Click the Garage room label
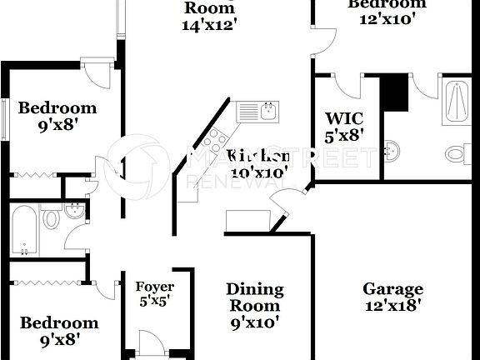coord(392,289)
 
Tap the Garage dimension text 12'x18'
coord(392,306)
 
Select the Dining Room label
coord(255,297)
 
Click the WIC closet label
coord(343,117)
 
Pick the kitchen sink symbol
coord(257,110)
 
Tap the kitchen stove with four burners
coord(215,138)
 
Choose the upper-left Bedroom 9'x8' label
coord(57,107)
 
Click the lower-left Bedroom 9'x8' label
coord(59,322)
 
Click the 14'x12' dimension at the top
coord(210,24)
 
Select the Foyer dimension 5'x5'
coord(155,302)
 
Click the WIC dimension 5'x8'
coord(343,134)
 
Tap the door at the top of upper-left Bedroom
coord(98,72)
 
